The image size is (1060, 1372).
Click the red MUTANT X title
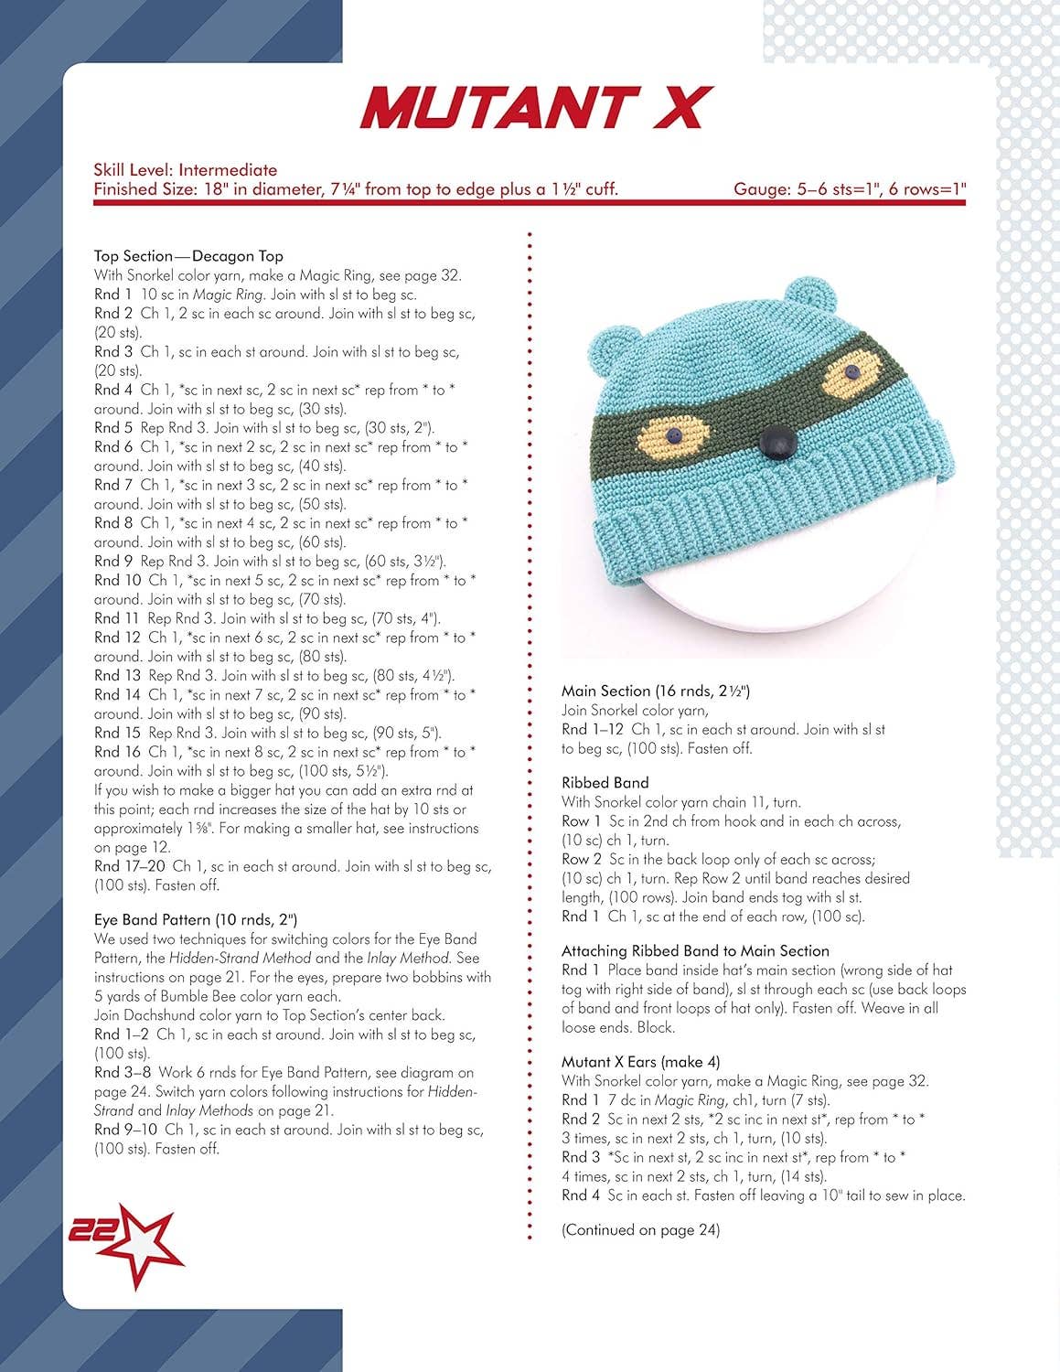coord(536,107)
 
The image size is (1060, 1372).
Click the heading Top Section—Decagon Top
coord(188,256)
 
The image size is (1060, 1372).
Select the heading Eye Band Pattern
coord(195,919)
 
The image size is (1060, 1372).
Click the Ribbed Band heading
coord(605,783)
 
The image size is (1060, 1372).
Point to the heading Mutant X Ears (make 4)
coord(640,1062)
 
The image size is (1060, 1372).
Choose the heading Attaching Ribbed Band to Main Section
coord(695,951)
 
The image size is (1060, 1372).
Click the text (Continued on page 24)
coord(640,1230)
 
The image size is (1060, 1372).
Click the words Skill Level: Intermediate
coord(185,169)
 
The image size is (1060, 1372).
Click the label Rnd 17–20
coord(129,866)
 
